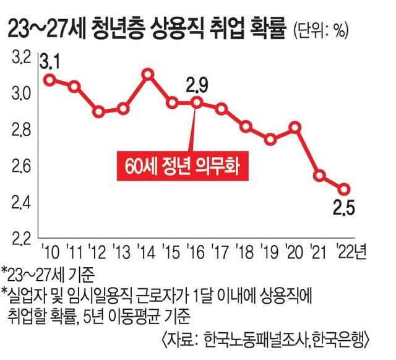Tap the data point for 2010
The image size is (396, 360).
pos(49,79)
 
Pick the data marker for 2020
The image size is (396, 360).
pos(295,127)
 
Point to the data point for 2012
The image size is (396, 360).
pos(98,112)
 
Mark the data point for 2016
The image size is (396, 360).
pos(197,103)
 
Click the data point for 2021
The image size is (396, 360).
pos(319,176)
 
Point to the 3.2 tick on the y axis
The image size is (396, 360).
pos(21,58)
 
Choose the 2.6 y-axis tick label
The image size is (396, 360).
pos(21,166)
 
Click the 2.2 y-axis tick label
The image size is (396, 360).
pos(21,238)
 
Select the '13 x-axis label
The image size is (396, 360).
pos(121,251)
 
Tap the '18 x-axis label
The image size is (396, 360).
pos(244,251)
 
